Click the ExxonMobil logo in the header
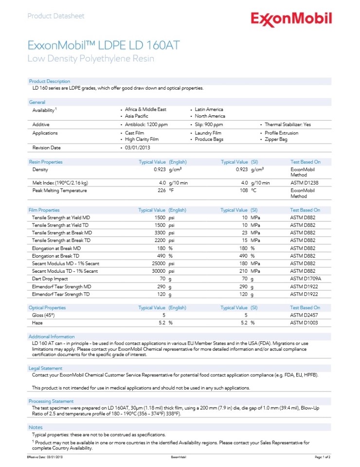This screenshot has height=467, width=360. tap(291, 19)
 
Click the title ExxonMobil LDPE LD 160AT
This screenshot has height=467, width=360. tap(104, 46)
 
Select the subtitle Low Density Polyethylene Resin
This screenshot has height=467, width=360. tap(90, 59)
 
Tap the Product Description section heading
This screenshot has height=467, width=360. tap(50, 81)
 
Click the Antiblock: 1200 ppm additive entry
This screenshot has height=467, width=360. tap(146, 125)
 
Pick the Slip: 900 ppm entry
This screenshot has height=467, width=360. tap(209, 125)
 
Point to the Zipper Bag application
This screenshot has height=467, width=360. tap(276, 139)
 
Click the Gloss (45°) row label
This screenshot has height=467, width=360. tap(44, 315)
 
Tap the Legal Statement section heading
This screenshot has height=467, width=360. tap(46, 368)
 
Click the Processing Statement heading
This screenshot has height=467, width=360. tap(51, 401)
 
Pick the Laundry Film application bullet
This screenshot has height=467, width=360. tap(208, 133)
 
